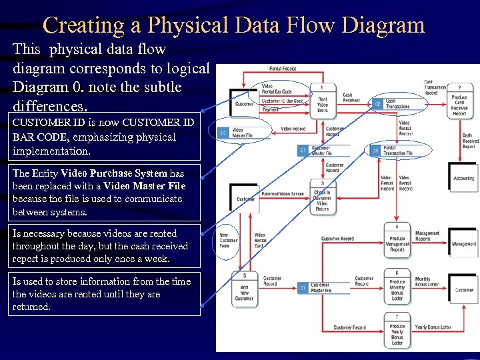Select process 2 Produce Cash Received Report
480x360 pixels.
tap(459, 101)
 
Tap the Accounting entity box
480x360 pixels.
tap(463, 178)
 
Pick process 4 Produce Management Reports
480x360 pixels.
tap(397, 241)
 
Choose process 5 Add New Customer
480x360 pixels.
tap(244, 289)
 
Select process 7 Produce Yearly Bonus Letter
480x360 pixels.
tap(397, 331)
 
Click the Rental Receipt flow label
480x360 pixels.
tap(283, 68)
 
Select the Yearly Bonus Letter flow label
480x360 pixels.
tap(433, 327)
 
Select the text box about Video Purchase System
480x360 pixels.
tap(106, 193)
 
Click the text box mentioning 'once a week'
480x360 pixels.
tap(106, 246)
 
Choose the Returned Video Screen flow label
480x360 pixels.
tap(283, 193)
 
